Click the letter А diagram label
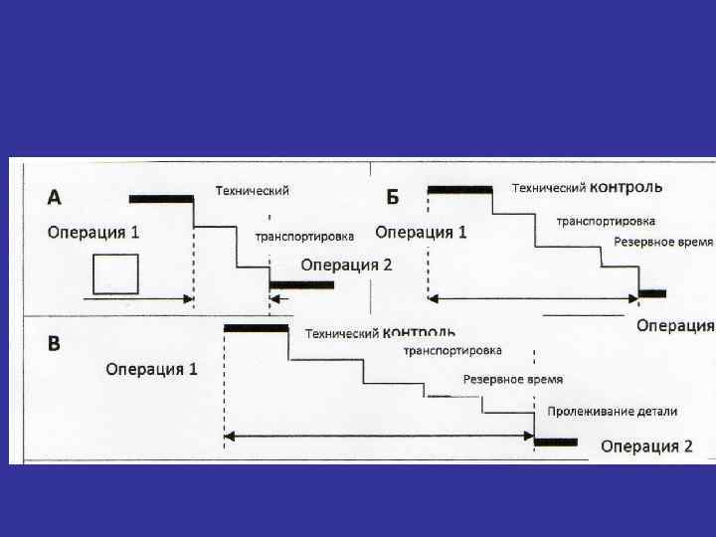tap(55, 197)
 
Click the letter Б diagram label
tap(392, 197)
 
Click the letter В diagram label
tap(55, 343)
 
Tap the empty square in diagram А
tap(114, 273)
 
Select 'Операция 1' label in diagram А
tap(93, 233)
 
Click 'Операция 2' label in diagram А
tap(346, 265)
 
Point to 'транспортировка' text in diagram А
tap(304, 237)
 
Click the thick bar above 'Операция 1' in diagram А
tap(161, 198)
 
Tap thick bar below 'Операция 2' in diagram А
tap(301, 285)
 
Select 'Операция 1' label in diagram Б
tap(421, 233)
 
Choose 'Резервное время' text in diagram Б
tap(663, 242)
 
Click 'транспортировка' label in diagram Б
tap(606, 220)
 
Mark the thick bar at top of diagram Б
tap(458, 188)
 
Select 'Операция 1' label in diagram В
tap(152, 369)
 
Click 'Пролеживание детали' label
tap(612, 411)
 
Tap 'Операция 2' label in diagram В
tap(646, 446)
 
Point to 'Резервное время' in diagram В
tap(513, 379)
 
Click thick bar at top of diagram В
tap(256, 327)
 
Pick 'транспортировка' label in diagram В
tap(452, 350)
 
